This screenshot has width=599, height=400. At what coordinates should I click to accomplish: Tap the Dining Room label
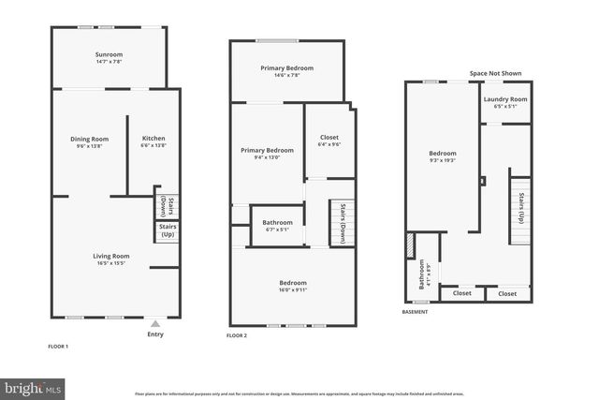coord(90,142)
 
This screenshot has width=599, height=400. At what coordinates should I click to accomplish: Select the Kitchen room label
coord(153,142)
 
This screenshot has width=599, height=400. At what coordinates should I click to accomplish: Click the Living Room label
coord(110,259)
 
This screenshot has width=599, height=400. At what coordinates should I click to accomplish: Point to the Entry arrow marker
coord(155,323)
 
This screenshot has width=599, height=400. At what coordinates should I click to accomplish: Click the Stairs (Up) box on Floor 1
coord(168,230)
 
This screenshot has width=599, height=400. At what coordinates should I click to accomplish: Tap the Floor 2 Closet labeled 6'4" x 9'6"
coord(329,141)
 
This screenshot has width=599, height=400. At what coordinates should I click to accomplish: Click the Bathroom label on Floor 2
coord(277,225)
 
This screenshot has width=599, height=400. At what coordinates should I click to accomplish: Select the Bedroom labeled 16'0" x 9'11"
coord(293,286)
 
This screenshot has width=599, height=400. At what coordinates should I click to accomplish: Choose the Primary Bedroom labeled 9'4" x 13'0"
coord(267,154)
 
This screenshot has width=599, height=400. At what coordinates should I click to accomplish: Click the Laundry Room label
coord(504,102)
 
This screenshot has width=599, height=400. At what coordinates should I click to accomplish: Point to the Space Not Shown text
coord(496,73)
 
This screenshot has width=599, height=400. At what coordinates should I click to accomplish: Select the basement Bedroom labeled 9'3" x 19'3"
coord(443,156)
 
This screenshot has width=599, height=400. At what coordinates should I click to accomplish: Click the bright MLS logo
coord(33,386)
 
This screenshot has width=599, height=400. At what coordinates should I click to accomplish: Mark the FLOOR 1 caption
coord(58,346)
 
